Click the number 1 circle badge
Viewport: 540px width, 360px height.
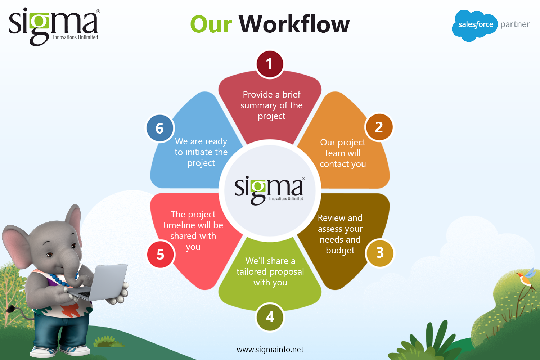click(270, 64)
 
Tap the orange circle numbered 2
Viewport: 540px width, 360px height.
click(379, 127)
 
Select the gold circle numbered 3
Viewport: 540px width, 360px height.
click(380, 253)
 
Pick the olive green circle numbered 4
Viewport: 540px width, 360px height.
click(270, 317)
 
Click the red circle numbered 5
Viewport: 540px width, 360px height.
click(161, 254)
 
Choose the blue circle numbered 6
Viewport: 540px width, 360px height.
click(160, 128)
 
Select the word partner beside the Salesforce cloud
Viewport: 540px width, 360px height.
click(515, 24)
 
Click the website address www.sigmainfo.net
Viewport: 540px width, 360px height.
click(270, 350)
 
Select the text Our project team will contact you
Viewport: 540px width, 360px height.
click(343, 153)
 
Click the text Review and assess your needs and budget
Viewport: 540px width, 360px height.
click(340, 234)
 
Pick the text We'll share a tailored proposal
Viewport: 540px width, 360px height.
click(270, 266)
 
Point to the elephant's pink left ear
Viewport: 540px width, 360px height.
click(17, 243)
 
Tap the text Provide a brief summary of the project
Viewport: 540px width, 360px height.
click(271, 105)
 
